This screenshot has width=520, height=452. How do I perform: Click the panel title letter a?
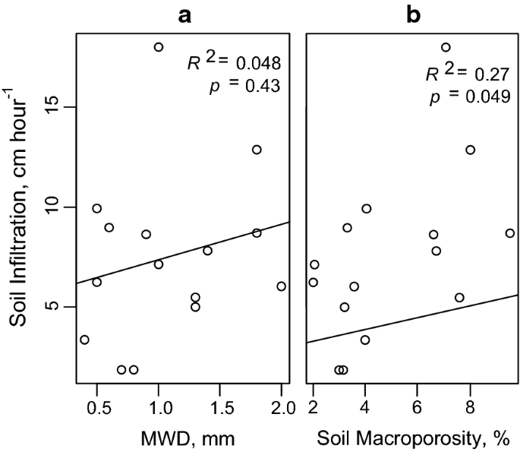[182, 15]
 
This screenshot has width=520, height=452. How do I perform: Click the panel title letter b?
[413, 15]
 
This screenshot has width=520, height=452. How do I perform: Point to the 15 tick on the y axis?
[54, 107]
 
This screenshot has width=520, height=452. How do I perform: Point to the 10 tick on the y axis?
[54, 207]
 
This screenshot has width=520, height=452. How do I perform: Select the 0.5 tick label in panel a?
[96, 409]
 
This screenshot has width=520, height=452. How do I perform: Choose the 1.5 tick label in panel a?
[219, 409]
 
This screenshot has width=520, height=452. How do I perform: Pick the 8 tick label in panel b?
[470, 409]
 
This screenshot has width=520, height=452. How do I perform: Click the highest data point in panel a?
[159, 47]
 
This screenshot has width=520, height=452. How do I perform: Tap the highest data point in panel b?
[446, 47]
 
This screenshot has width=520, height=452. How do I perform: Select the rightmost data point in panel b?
[510, 233]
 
